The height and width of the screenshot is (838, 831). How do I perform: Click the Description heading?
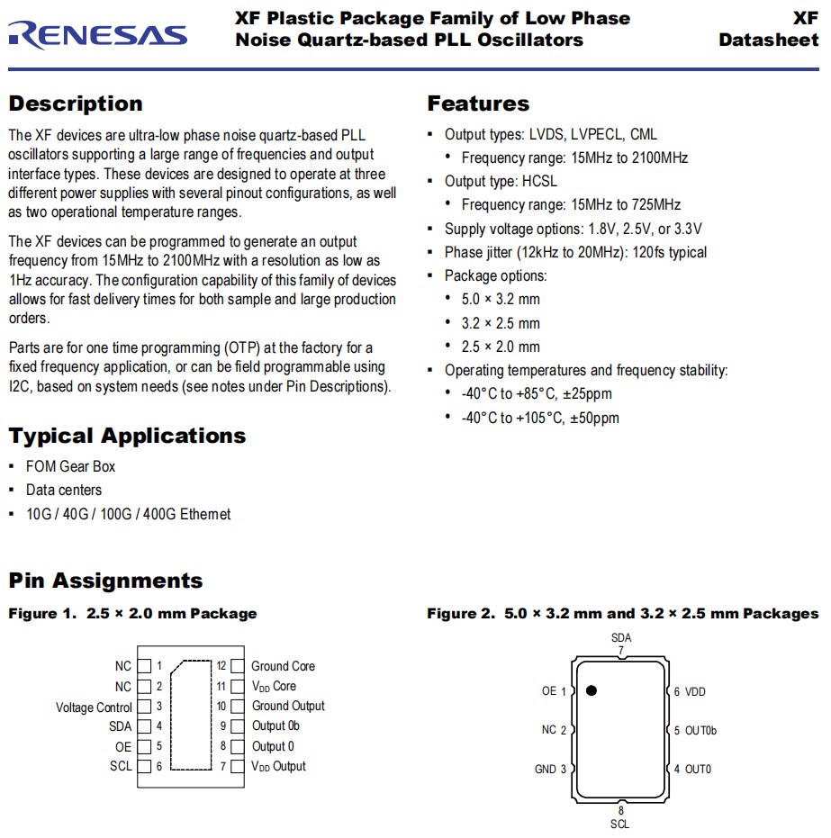click(76, 104)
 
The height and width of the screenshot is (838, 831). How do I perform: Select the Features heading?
click(478, 104)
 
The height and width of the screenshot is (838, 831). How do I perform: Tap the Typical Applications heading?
click(127, 437)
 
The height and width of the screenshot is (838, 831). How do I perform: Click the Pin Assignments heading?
click(105, 581)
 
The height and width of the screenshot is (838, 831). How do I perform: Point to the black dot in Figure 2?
click(592, 690)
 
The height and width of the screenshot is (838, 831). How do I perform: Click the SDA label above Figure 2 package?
click(621, 638)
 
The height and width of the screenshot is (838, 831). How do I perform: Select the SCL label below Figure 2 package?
click(620, 824)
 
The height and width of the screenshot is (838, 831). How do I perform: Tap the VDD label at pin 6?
click(695, 691)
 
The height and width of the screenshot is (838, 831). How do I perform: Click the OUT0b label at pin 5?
click(700, 730)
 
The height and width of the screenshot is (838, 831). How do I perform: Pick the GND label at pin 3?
click(546, 769)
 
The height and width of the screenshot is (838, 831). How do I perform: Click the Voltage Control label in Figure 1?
click(94, 707)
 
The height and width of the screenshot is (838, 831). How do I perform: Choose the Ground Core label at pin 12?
click(283, 666)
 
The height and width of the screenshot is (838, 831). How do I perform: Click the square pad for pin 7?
click(238, 767)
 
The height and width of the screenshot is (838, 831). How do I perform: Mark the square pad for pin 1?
click(143, 667)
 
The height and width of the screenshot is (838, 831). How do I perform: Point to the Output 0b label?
click(275, 726)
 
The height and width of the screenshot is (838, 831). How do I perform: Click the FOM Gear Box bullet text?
click(70, 466)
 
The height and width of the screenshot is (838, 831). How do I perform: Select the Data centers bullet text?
click(64, 491)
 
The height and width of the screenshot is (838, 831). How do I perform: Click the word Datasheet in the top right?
click(769, 41)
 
